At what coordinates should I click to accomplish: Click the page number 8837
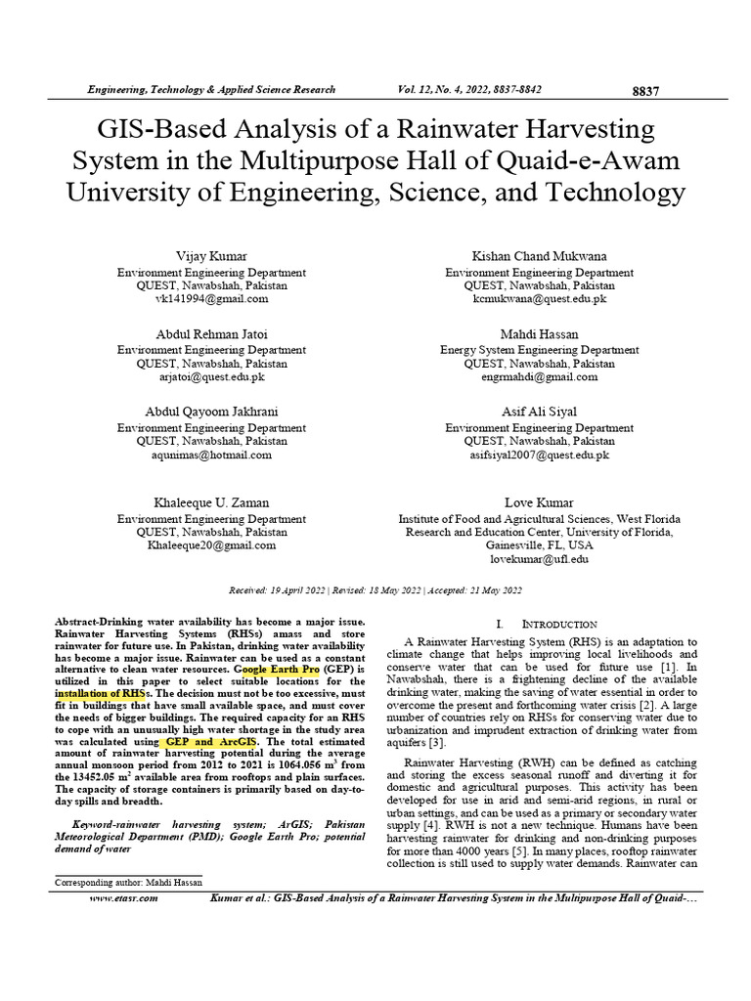click(x=645, y=91)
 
